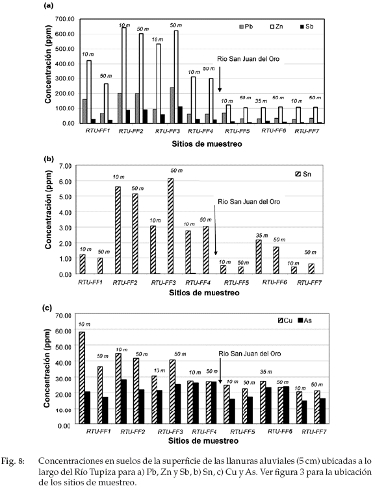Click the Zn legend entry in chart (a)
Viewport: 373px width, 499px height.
276,27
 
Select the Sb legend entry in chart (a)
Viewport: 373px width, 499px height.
306,27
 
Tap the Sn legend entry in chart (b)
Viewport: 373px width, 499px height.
303,174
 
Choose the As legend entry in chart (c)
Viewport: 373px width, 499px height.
305,321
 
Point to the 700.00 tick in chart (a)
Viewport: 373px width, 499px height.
65,19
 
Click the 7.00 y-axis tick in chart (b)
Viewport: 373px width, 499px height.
66,166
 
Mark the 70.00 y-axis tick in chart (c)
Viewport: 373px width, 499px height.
63,315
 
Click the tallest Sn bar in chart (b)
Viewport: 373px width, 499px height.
170,226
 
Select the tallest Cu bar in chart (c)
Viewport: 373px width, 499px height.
82,378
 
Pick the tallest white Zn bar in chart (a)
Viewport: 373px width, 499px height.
123,75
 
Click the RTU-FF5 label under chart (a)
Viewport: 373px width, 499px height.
237,131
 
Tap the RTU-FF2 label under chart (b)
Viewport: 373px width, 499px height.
125,283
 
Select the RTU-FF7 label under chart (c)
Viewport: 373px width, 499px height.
314,432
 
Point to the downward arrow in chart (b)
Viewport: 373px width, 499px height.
215,230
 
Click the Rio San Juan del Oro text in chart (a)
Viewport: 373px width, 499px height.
248,59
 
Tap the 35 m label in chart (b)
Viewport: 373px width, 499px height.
261,236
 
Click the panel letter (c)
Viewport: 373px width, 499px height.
47,308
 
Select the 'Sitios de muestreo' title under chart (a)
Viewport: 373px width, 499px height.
207,144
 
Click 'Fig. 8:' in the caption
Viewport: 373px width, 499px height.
13,461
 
